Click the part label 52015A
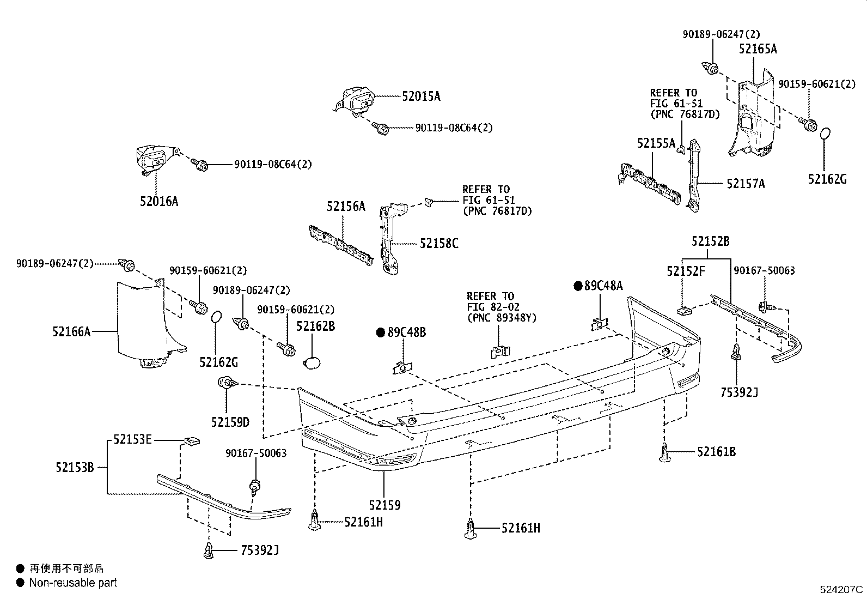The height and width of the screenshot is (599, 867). [x=421, y=96]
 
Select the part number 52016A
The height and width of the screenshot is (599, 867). [x=158, y=202]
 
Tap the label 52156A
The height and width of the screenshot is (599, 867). [x=346, y=207]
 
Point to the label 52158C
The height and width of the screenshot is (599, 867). [x=439, y=244]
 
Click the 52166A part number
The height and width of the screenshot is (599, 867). [x=71, y=331]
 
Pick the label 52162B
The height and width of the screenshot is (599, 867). [x=315, y=326]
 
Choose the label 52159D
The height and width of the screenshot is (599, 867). [x=230, y=422]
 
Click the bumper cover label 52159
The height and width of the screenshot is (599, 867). [x=384, y=505]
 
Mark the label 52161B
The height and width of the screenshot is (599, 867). [x=716, y=452]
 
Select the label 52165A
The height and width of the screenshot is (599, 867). [x=758, y=49]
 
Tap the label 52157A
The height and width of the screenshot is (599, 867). [x=746, y=184]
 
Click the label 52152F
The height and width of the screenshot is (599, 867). [x=686, y=271]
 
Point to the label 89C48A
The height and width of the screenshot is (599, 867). [x=603, y=286]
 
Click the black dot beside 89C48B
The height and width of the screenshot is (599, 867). [x=381, y=332]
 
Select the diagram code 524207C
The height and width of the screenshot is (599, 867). [x=842, y=589]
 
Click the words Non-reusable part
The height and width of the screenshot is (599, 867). [x=73, y=583]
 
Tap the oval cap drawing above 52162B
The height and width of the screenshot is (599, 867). [x=312, y=364]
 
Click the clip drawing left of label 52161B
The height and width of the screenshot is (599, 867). [x=665, y=453]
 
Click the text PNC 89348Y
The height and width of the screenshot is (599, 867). [x=502, y=318]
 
